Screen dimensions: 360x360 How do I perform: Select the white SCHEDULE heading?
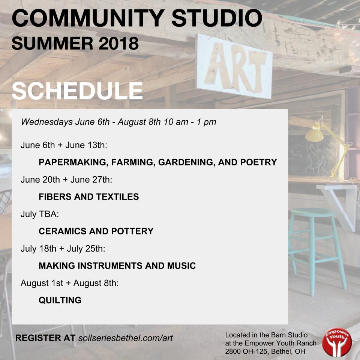77,91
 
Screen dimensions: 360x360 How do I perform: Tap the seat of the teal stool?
312,213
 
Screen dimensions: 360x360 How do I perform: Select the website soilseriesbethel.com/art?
126,337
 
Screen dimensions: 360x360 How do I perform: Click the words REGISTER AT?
45,337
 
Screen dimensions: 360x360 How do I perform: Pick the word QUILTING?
60,300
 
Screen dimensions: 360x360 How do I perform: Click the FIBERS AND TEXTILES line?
88,196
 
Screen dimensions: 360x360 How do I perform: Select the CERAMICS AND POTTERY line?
96,231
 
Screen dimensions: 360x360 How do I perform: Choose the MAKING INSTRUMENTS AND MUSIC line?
117,266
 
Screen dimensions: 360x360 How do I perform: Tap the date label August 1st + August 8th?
70,283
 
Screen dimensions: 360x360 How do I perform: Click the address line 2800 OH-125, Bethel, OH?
265,351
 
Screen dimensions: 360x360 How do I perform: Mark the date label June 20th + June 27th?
66,180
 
